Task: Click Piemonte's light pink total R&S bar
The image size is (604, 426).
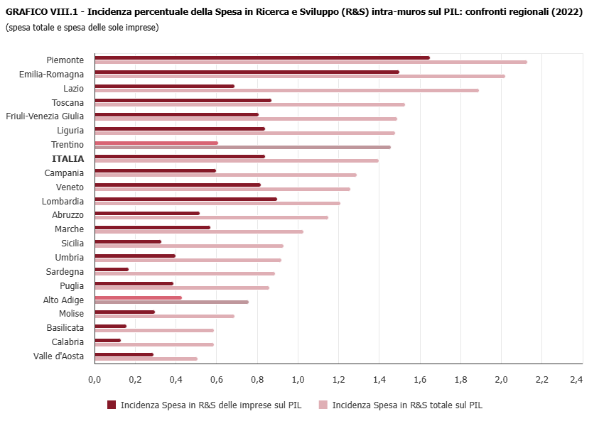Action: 311,62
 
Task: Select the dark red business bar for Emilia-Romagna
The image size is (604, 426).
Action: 247,72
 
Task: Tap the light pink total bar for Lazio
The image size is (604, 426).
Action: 286,90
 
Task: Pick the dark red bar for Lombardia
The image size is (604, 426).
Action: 185,199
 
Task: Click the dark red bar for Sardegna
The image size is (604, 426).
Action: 112,269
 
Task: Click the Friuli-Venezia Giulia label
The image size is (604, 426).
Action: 45,116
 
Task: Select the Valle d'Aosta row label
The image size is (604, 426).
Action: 58,356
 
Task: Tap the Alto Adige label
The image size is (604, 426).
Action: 64,300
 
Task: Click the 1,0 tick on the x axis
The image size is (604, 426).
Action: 298,380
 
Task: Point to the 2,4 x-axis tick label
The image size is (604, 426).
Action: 576,380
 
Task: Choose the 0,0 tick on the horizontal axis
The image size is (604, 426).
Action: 95,380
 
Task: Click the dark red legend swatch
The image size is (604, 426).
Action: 112,405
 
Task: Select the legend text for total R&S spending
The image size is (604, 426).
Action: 407,405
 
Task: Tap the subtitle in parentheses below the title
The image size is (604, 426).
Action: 82,28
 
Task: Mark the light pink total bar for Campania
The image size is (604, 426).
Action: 225,175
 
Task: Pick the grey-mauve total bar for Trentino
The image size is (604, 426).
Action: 242,147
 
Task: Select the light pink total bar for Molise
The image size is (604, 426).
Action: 164,316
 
